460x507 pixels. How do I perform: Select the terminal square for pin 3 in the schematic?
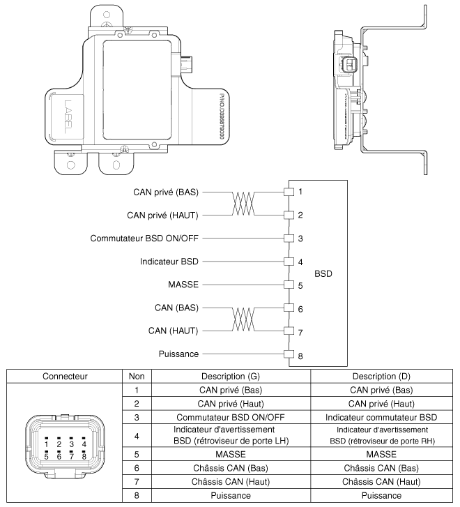point(287,239)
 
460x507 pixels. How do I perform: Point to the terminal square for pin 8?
point(287,355)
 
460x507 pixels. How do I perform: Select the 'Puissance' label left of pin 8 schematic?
point(178,355)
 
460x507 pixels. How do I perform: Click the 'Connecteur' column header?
point(60,376)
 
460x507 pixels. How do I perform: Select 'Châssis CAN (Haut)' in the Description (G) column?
point(229,480)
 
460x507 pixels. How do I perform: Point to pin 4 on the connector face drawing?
point(83,443)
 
